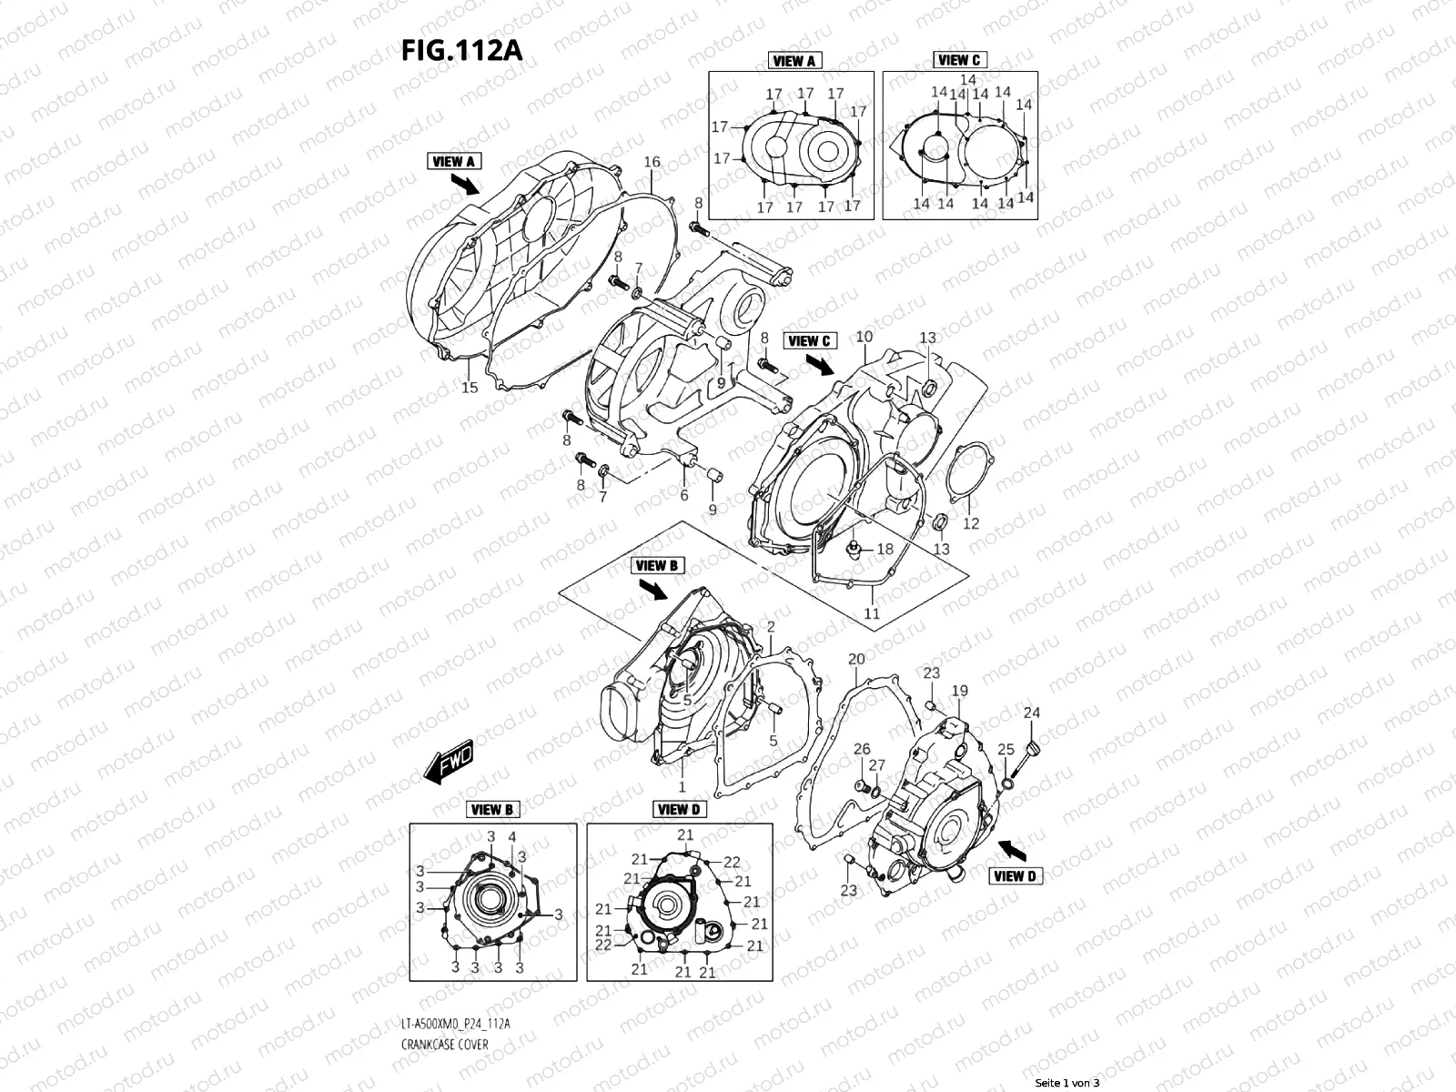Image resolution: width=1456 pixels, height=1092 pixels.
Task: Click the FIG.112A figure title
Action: pyautogui.click(x=461, y=50)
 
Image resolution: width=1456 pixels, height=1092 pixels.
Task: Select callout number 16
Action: pyautogui.click(x=652, y=163)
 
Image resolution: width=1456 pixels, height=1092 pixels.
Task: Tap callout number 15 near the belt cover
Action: pyautogui.click(x=470, y=389)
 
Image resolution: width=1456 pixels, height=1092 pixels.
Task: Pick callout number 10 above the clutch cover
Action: pyautogui.click(x=864, y=337)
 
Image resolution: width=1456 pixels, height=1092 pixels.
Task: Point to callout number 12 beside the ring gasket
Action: pyautogui.click(x=971, y=523)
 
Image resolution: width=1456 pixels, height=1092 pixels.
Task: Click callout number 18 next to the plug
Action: pyautogui.click(x=885, y=550)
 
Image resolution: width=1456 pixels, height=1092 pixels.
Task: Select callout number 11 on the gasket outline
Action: pyautogui.click(x=872, y=613)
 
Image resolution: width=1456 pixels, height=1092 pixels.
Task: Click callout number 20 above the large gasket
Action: pyautogui.click(x=856, y=659)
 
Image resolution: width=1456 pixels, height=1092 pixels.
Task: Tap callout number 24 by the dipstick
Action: pyautogui.click(x=1031, y=713)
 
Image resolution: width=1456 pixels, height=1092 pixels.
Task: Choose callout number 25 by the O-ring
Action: pyautogui.click(x=1006, y=749)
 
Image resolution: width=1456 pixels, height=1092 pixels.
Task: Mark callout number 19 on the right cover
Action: pyautogui.click(x=960, y=692)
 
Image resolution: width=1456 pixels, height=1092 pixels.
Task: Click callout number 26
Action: pyautogui.click(x=862, y=749)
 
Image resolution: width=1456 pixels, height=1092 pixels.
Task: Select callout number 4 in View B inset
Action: pyautogui.click(x=512, y=836)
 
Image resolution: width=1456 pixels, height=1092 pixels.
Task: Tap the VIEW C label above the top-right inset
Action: pyautogui.click(x=959, y=60)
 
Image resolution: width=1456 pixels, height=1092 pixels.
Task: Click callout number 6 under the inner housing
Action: pyautogui.click(x=684, y=495)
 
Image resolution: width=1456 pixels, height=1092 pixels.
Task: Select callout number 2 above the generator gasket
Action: pyautogui.click(x=771, y=627)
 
